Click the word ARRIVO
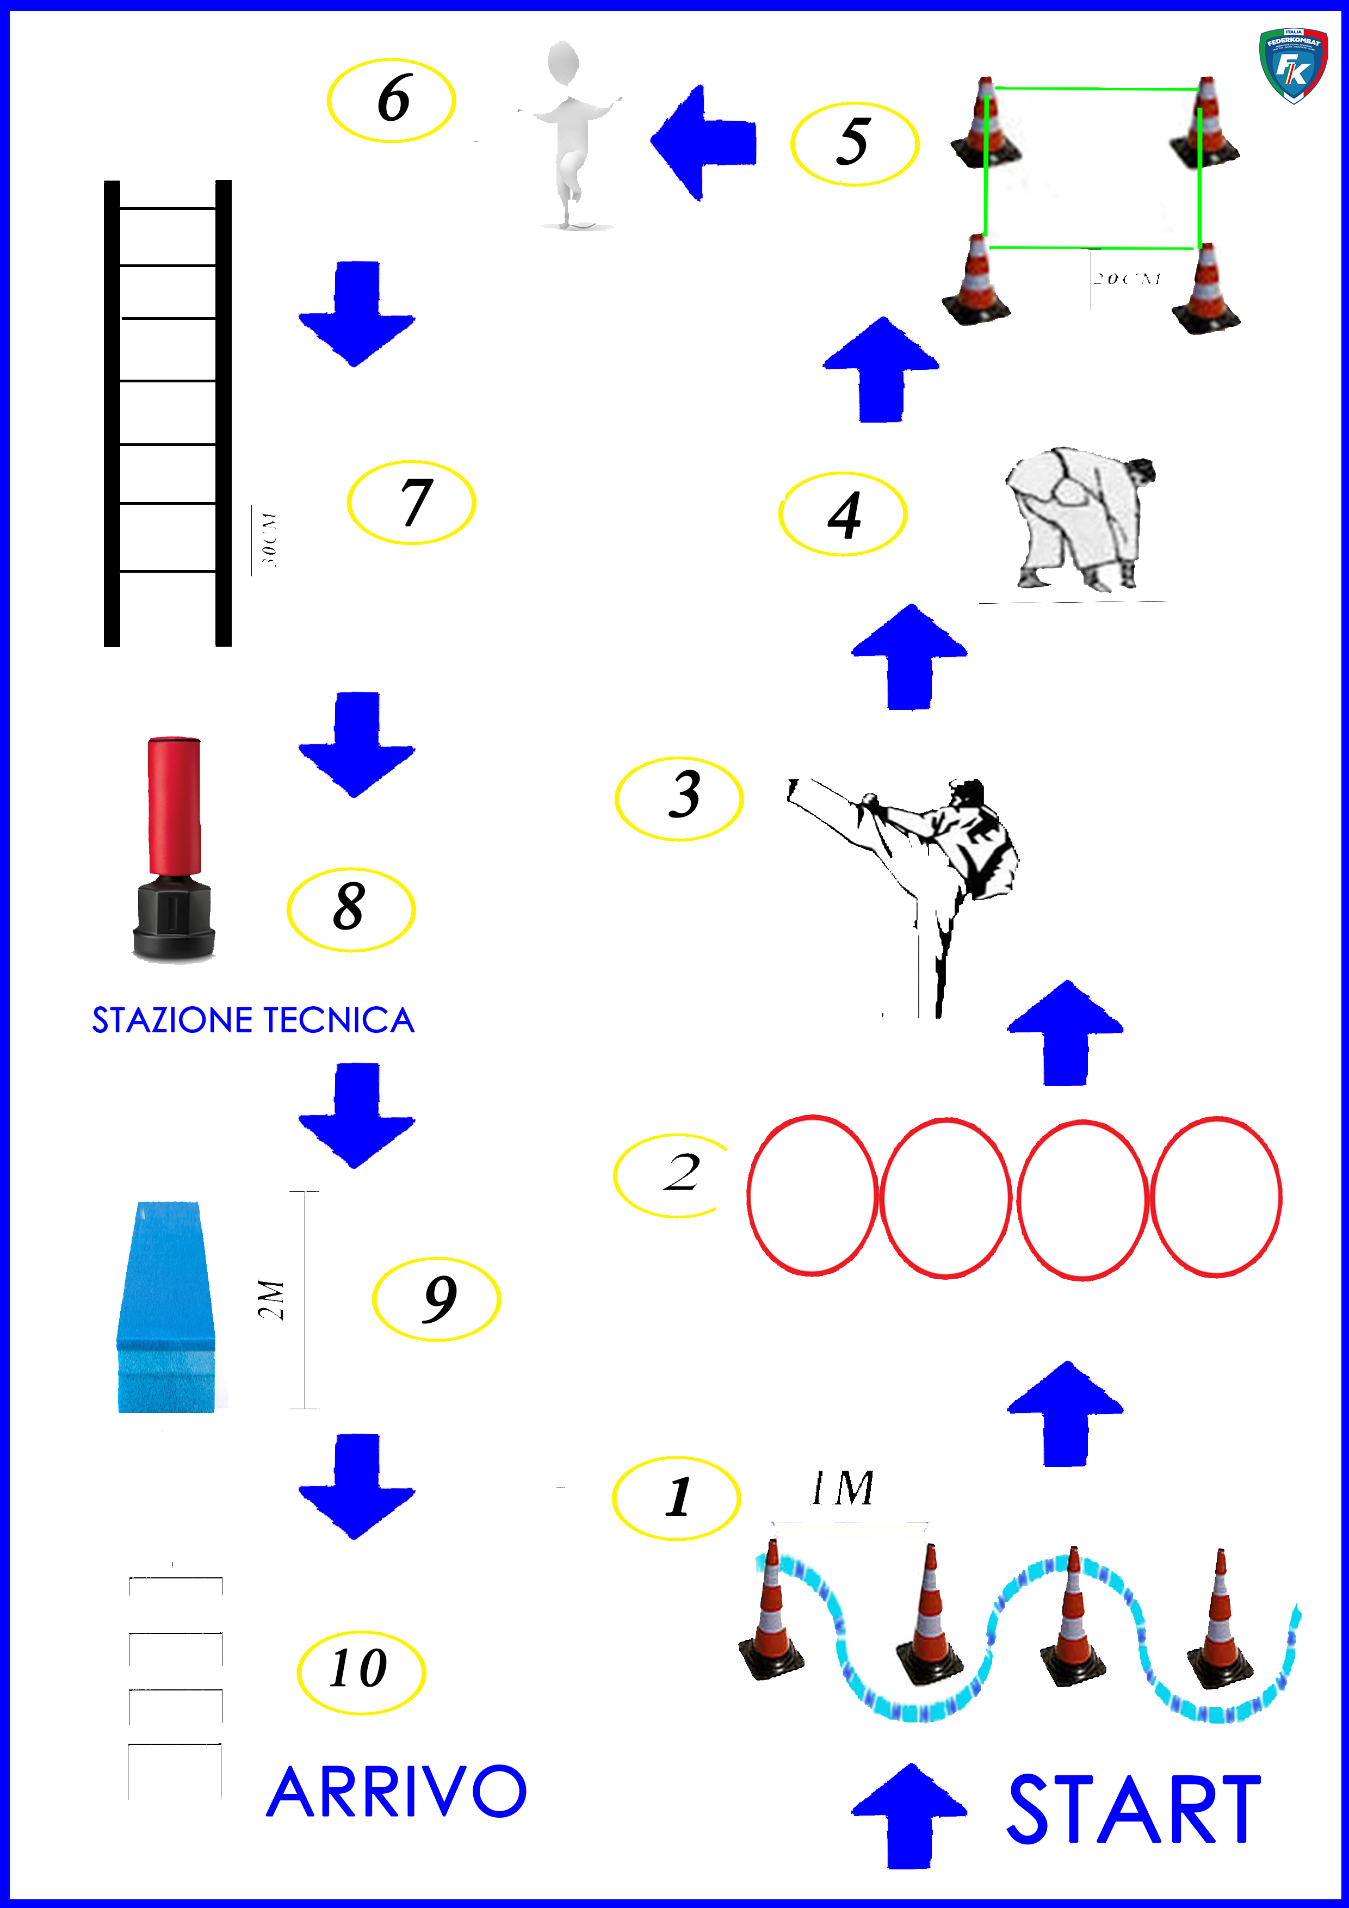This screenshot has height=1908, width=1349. (397, 1793)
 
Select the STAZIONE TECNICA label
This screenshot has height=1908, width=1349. (253, 1020)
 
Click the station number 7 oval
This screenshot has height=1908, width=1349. (411, 503)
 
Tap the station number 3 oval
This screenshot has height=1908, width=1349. (679, 798)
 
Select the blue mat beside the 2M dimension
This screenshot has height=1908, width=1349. (167, 1306)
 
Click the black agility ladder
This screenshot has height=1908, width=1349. (167, 413)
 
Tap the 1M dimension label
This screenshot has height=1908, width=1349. (843, 1488)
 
